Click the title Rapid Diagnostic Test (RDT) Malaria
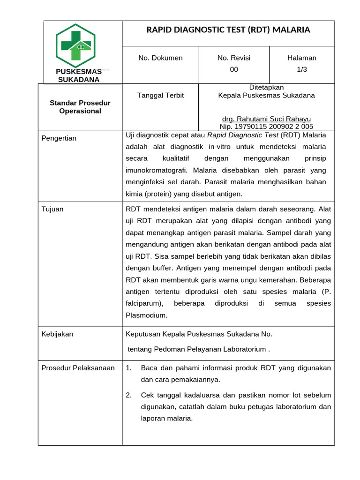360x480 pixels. coord(228,30)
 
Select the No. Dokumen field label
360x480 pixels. coord(160,58)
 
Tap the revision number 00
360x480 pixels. coord(234,69)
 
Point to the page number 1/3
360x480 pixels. coord(302,69)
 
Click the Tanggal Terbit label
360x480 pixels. coord(160,96)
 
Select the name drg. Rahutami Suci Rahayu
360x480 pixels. coord(266,119)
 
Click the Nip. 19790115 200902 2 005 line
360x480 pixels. coord(266,127)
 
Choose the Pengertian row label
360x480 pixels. coord(59,138)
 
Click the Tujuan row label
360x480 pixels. coord(52,209)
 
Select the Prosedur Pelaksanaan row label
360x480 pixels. coord(78,368)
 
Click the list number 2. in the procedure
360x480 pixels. coord(129,395)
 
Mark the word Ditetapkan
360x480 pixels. coord(266,87)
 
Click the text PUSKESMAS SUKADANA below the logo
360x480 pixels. coord(79,75)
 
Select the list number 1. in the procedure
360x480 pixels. coord(129,368)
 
